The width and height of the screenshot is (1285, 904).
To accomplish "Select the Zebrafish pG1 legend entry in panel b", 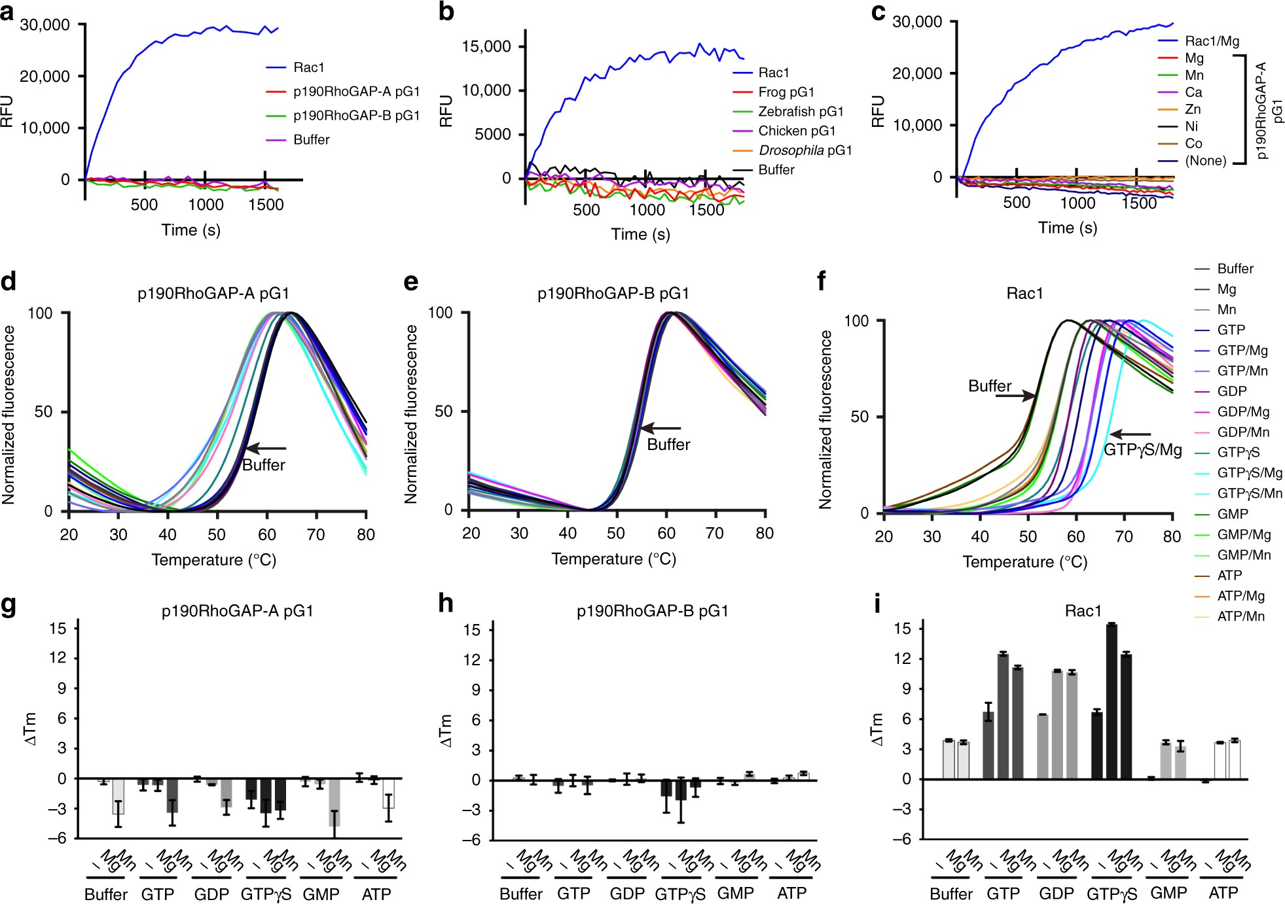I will (x=801, y=111).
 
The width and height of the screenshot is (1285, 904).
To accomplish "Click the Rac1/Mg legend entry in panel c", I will (x=1212, y=41).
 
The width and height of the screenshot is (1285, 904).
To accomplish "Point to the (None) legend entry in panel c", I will (x=1205, y=160).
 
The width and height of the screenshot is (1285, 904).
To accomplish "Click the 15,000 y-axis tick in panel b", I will (x=486, y=46).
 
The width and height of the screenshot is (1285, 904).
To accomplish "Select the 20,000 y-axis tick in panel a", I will (x=45, y=77).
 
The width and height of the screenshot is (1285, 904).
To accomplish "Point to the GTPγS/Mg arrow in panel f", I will (x=1131, y=434).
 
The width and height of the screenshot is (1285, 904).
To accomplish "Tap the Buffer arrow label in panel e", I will (x=668, y=445).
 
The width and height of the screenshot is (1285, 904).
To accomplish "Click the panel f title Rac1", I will (x=1024, y=293).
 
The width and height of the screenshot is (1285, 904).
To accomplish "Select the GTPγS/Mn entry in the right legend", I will (x=1249, y=493).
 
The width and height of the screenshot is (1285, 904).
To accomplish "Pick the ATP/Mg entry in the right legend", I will (x=1240, y=596).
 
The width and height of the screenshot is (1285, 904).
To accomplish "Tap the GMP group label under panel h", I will (x=735, y=894).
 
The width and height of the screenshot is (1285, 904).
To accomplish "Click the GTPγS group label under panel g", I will (x=266, y=894).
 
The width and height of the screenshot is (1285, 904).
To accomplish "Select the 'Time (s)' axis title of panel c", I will (x=1068, y=228).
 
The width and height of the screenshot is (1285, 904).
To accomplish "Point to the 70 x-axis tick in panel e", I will (x=715, y=533).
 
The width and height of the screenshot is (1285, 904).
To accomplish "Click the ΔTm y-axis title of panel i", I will (x=877, y=729).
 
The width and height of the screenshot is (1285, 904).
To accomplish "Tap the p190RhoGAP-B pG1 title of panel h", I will (x=652, y=611).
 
